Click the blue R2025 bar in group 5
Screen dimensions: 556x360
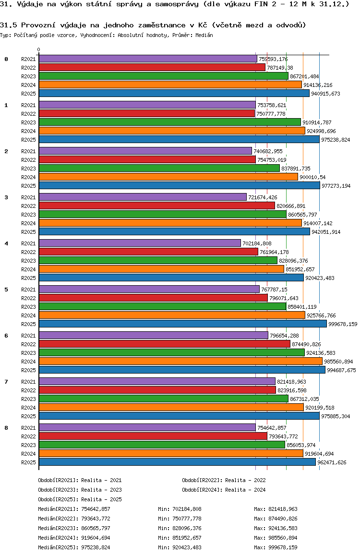tap(182, 324)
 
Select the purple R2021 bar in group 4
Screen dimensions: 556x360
tap(140, 243)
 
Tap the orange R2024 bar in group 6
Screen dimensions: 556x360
tap(180, 361)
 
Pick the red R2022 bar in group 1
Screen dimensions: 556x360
tap(147, 114)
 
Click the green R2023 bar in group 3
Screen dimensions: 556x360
tap(163, 215)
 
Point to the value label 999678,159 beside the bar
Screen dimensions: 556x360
tap(343, 324)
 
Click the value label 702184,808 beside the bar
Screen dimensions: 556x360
tap(257, 243)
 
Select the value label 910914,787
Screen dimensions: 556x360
tap(317, 122)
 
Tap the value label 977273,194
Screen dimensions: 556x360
tap(336, 186)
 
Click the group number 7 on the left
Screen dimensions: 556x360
tap(6, 382)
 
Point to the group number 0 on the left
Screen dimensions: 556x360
tap(6, 59)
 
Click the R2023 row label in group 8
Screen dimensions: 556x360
tap(29, 445)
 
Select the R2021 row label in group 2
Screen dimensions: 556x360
tap(29, 151)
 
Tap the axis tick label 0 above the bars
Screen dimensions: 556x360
tap(39, 50)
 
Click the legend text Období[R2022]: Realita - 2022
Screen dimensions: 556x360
tap(224, 480)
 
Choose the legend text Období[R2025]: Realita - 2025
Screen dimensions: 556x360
tap(80, 499)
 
